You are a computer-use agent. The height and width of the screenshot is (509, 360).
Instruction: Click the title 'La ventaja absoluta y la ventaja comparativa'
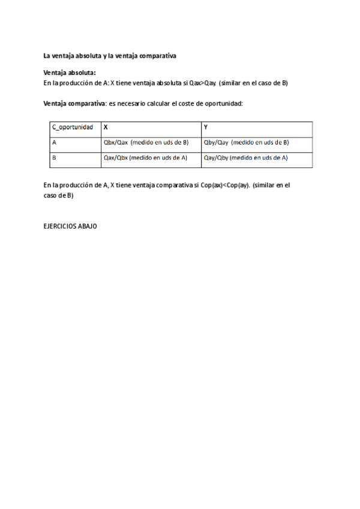[109, 56]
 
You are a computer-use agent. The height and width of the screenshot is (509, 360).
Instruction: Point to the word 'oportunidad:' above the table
[223, 104]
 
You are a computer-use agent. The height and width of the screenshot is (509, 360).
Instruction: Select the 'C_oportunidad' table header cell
[72, 127]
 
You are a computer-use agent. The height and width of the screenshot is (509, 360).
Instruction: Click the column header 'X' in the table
[106, 127]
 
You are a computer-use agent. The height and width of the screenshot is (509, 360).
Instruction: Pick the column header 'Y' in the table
[206, 127]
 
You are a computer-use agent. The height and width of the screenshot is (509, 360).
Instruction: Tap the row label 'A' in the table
[55, 143]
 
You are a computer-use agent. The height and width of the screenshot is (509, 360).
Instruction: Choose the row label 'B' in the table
[55, 158]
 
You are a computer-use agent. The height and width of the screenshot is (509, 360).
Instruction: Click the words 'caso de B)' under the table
[59, 196]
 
